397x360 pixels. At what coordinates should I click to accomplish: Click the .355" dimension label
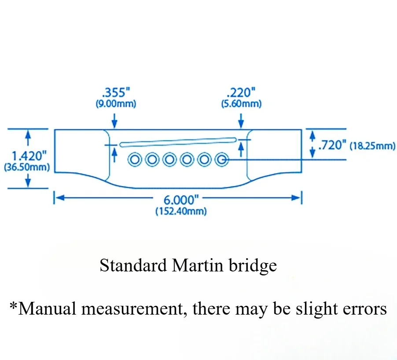(x=116, y=93)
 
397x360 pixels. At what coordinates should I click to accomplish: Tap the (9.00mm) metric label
(x=116, y=104)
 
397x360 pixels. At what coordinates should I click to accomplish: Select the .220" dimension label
(x=241, y=93)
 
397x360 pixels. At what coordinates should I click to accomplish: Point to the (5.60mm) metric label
(x=241, y=104)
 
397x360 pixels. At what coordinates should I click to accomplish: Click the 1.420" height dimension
(x=29, y=156)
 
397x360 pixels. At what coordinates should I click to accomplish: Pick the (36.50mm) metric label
(x=26, y=167)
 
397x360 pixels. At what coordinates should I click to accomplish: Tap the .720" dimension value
(x=332, y=145)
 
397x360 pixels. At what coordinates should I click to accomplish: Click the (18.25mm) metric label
(x=372, y=145)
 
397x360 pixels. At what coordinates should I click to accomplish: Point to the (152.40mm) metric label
(x=181, y=211)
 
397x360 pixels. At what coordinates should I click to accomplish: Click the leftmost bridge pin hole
(x=135, y=160)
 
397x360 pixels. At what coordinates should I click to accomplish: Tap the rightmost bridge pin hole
(x=221, y=160)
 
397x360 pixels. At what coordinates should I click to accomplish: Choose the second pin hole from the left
(x=152, y=160)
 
